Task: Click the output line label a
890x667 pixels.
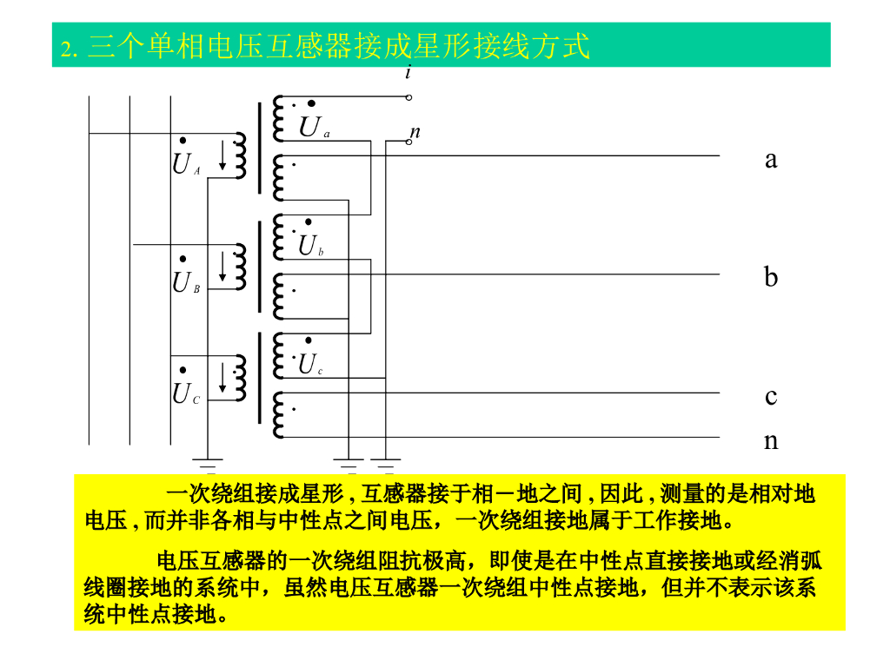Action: [x=771, y=160]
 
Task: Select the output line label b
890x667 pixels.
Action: [x=771, y=278]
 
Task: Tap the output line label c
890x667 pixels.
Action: [x=771, y=397]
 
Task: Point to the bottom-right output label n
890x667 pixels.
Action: [x=771, y=441]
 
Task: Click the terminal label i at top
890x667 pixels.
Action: [x=408, y=72]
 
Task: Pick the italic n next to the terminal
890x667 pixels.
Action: [x=415, y=132]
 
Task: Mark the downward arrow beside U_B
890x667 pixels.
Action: [x=223, y=267]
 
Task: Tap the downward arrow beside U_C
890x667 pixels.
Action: [x=223, y=378]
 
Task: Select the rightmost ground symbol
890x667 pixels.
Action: [x=385, y=460]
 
